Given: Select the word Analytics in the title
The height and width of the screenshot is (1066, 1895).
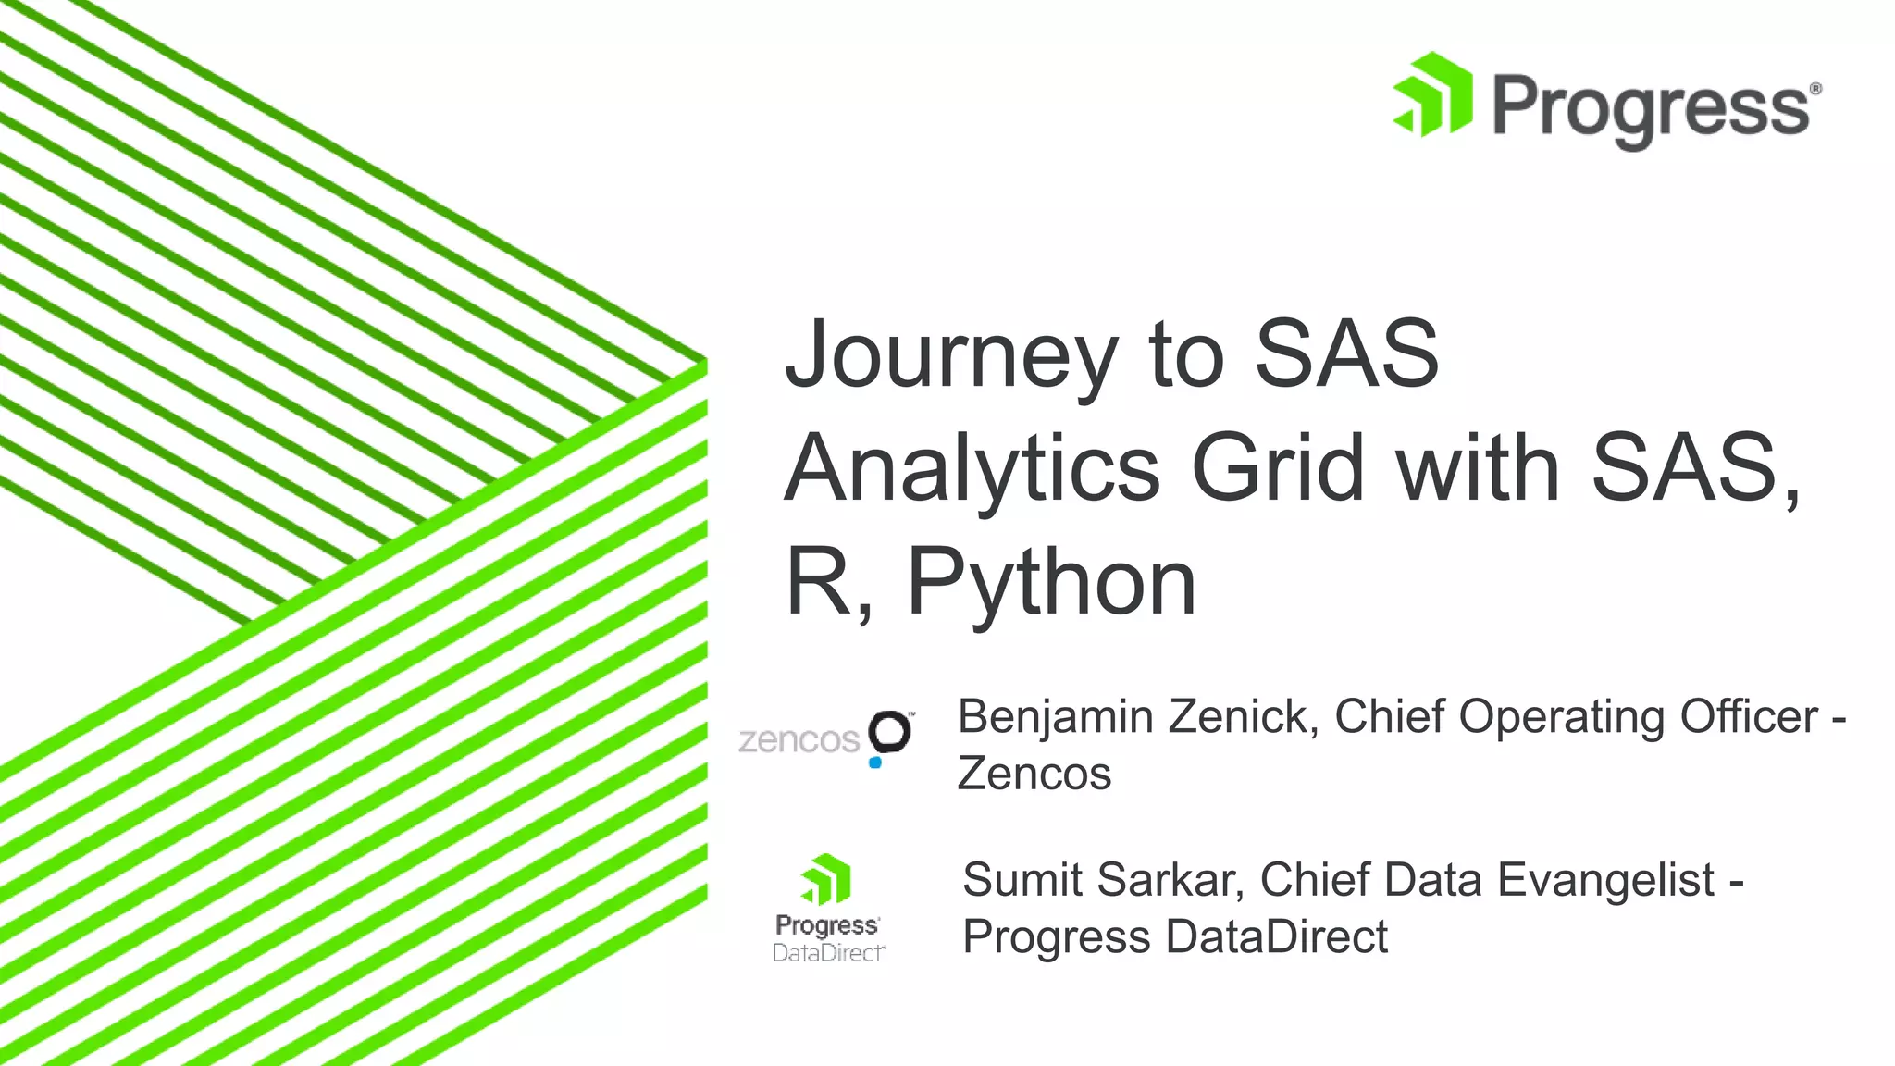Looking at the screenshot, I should [972, 470].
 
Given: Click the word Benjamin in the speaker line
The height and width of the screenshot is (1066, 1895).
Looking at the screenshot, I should [1054, 718].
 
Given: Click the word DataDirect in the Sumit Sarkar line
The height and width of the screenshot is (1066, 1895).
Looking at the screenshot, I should [1277, 936].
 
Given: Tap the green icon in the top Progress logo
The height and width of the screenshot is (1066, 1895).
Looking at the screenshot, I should [1432, 94].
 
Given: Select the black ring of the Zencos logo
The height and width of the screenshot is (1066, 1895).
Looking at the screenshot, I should [891, 731].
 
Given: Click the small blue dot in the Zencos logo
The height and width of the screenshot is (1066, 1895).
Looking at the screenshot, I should [875, 762].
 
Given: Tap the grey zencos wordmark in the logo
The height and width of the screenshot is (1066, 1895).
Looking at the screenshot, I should [799, 740].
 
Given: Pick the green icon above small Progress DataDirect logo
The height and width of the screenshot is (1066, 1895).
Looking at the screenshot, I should [826, 879].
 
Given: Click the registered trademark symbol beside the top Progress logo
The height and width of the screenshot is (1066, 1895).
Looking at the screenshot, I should [1815, 89].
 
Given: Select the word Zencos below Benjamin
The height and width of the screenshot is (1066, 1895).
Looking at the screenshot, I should [1034, 775].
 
